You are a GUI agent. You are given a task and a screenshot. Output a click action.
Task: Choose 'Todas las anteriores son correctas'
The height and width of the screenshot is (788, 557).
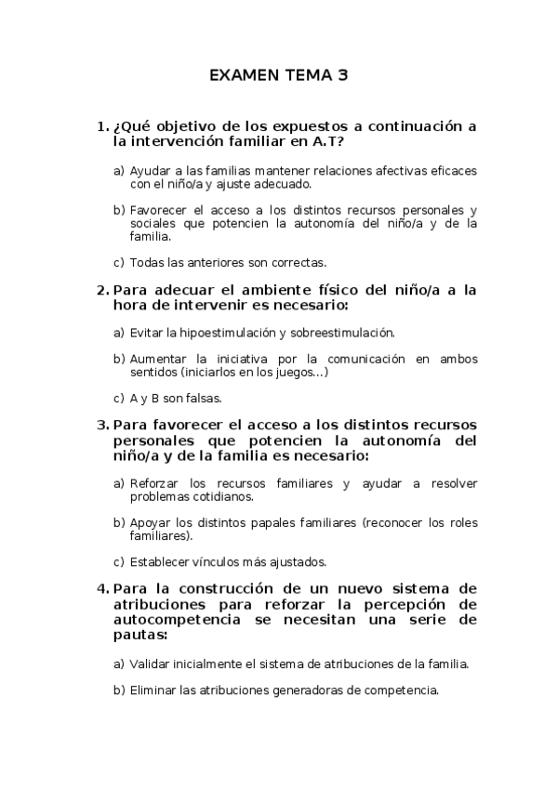[228, 262]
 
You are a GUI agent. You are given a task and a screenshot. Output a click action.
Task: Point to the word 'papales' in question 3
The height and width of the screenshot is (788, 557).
[283, 522]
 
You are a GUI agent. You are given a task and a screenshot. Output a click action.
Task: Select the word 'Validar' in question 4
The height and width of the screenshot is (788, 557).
[150, 663]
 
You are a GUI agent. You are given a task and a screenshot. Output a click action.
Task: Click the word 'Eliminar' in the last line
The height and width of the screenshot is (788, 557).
[153, 690]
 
